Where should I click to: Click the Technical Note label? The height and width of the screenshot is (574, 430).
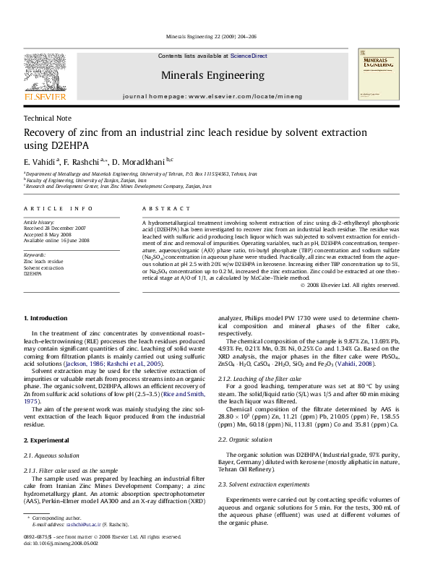(48, 118)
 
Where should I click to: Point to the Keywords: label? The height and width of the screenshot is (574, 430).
(35, 255)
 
